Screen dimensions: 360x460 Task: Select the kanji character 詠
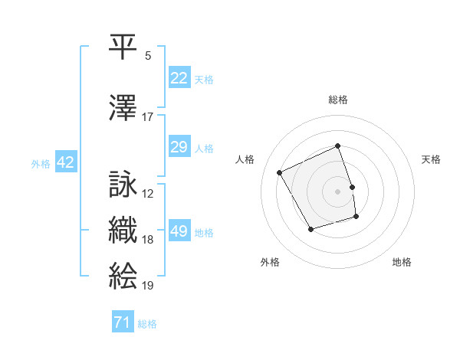[123, 185]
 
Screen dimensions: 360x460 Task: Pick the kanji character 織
[123, 230]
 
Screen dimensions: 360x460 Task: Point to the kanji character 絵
[123, 275]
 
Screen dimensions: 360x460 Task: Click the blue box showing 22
[179, 78]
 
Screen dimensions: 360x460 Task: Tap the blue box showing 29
[179, 147]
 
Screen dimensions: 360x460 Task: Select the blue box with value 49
[179, 232]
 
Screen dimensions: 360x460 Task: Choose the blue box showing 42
[64, 162]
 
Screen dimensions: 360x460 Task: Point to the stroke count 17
[148, 116]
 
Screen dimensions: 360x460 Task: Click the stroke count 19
[148, 286]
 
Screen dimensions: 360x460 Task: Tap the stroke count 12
[148, 194]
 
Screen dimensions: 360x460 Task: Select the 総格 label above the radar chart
[338, 100]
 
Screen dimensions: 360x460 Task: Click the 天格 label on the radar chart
[431, 159]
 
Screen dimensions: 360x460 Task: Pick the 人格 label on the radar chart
[245, 159]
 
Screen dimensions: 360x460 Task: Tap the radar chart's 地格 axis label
[402, 262]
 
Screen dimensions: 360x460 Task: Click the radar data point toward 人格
[280, 173]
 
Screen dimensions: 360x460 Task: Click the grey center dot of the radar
[338, 191]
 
